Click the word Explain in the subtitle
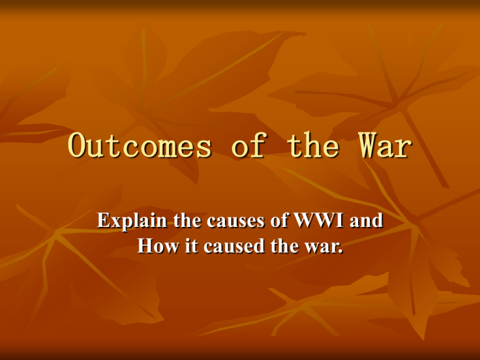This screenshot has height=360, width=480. (x=132, y=221)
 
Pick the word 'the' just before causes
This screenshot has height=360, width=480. (x=187, y=220)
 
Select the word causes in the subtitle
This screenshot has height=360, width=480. (x=236, y=222)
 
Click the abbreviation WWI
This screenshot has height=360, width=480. (x=319, y=221)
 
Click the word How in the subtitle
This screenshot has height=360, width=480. (x=158, y=246)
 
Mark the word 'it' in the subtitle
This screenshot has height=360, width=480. (x=191, y=246)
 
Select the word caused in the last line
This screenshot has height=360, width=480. (x=234, y=246)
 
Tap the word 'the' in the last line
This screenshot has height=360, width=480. (x=284, y=246)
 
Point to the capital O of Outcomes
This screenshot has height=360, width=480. (x=76, y=145)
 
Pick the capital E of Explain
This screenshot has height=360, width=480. (x=102, y=221)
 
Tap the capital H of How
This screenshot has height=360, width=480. (x=145, y=246)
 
